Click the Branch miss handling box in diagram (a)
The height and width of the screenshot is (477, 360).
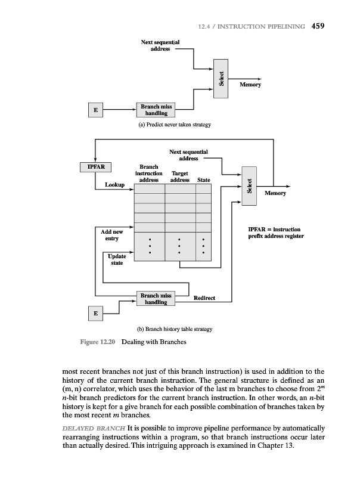click(156, 110)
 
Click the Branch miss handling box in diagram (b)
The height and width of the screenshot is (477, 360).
click(156, 299)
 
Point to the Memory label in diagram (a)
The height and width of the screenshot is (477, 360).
click(250, 85)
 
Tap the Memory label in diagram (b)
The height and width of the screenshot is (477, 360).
click(275, 193)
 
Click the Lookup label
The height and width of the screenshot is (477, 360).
click(114, 185)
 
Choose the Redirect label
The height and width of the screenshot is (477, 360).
click(204, 298)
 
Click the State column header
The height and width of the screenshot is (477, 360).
click(204, 179)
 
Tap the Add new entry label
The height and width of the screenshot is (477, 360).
click(112, 234)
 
